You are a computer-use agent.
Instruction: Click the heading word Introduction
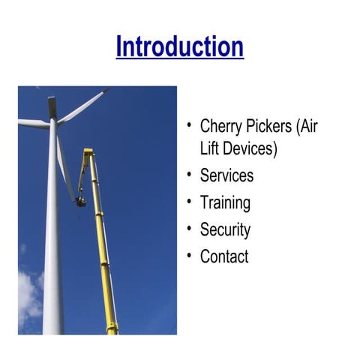point(180,46)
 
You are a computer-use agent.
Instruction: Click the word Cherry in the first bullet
point(223,126)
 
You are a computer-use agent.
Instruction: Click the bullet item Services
point(226,175)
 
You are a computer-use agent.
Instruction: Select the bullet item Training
point(225,202)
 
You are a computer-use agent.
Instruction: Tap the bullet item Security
point(225,229)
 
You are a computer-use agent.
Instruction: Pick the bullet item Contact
point(224,256)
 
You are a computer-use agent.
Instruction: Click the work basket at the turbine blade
point(80,201)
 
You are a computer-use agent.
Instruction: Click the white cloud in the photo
point(28,296)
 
